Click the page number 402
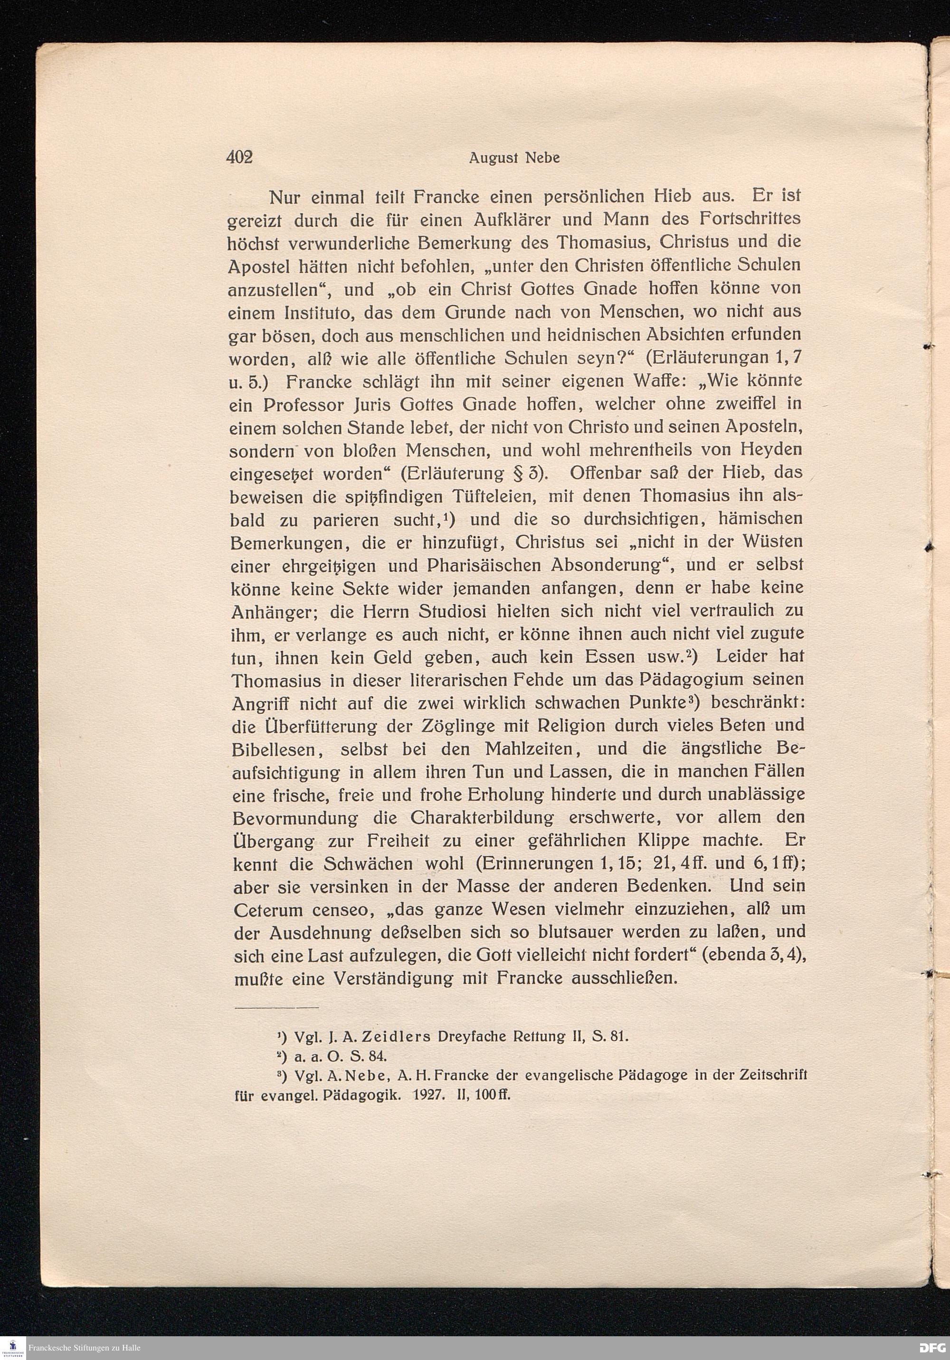coord(239,158)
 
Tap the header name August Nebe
coord(514,159)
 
